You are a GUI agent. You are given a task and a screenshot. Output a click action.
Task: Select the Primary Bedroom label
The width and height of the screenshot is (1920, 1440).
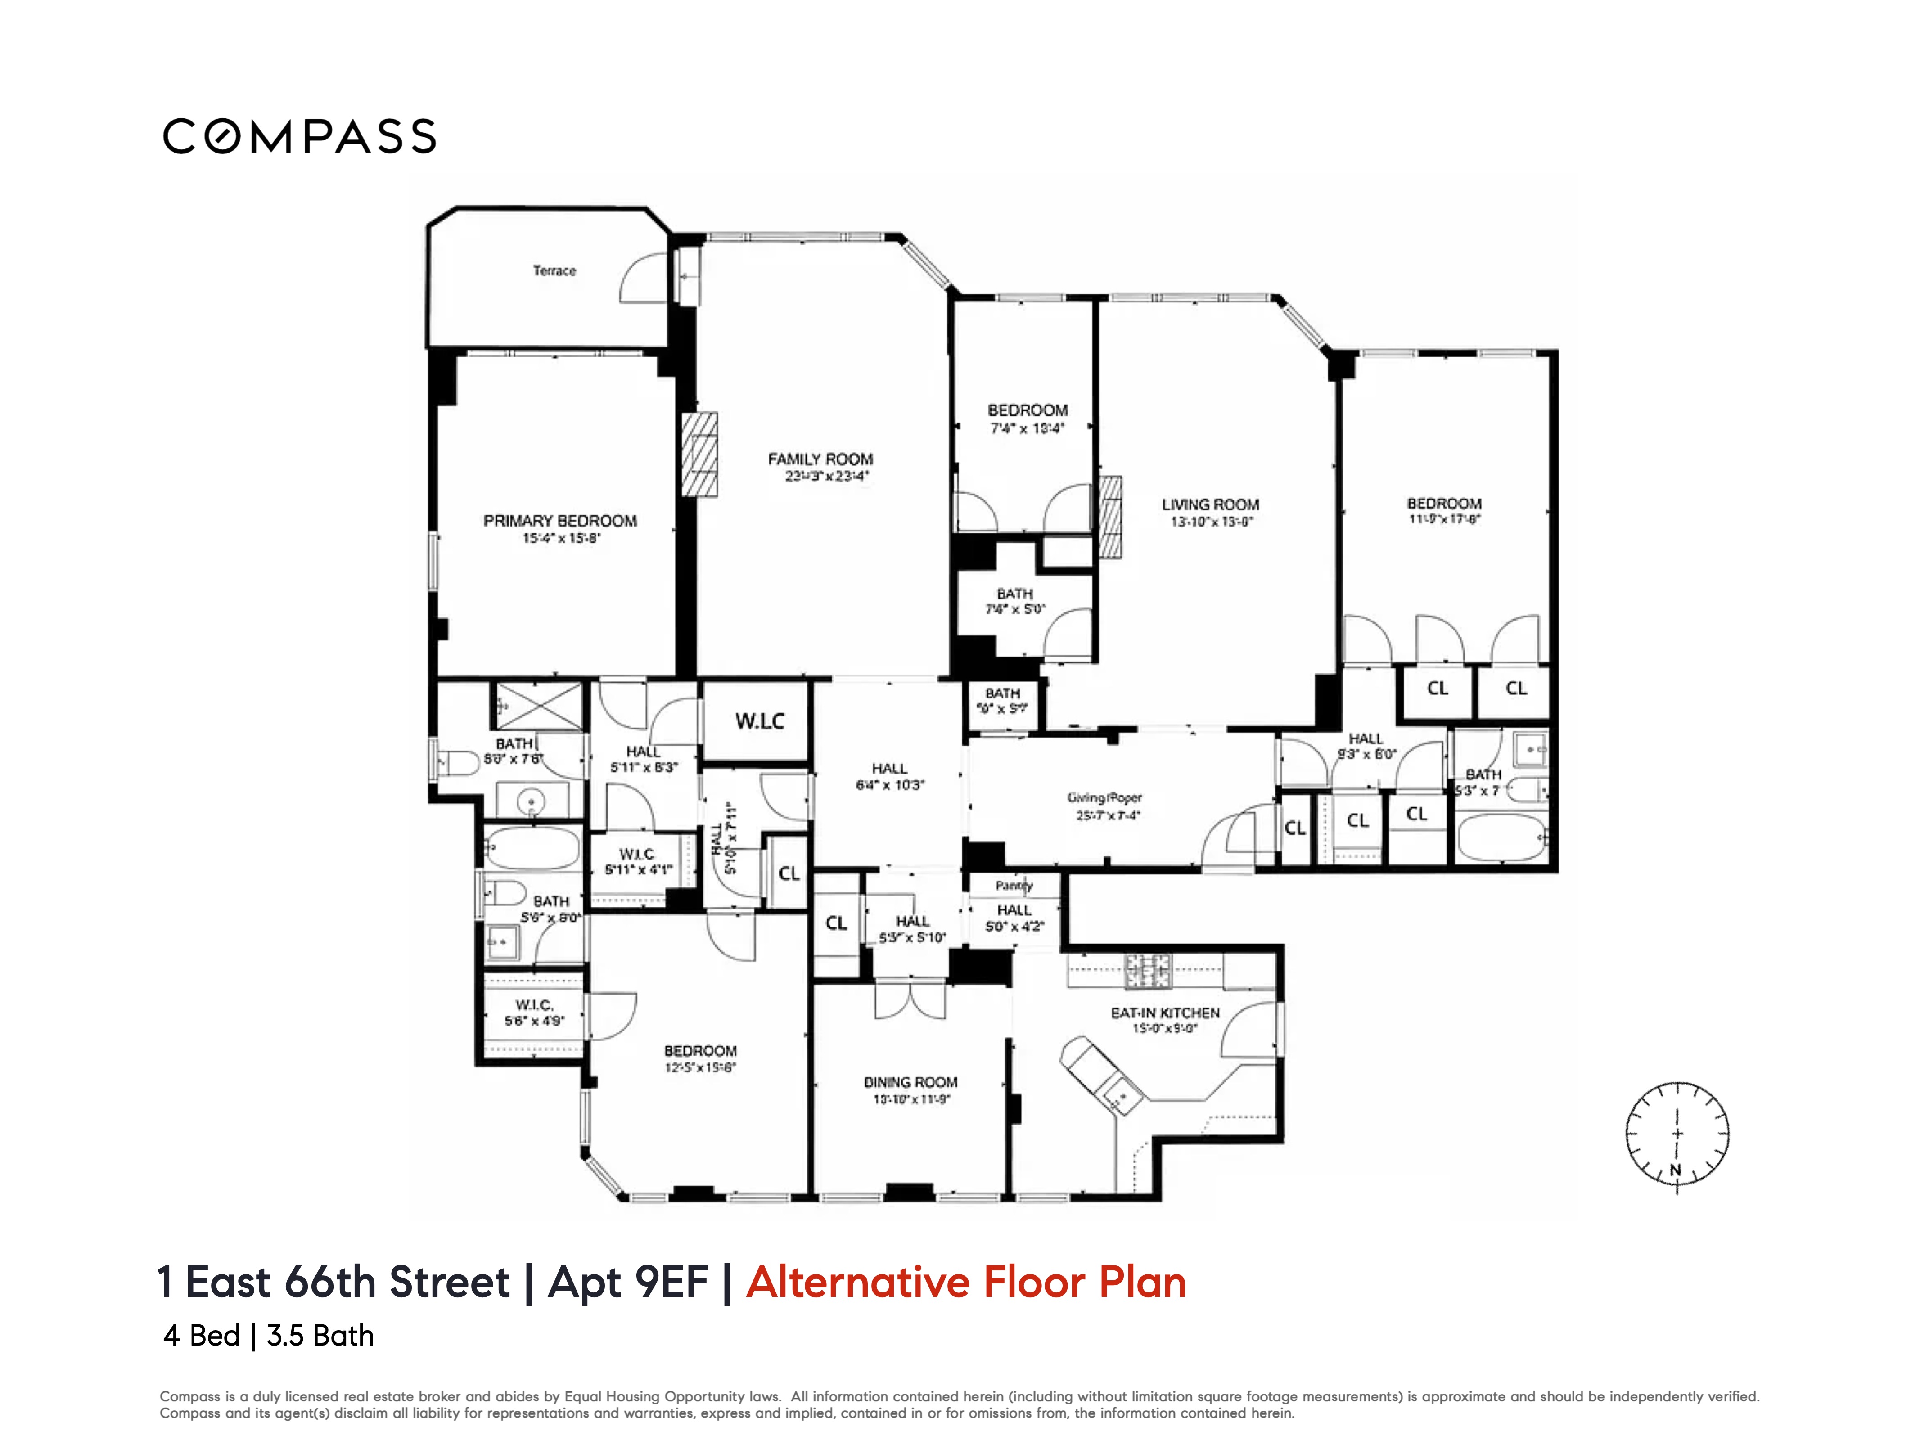560,521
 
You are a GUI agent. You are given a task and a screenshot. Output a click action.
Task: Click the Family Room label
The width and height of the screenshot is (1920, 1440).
820,459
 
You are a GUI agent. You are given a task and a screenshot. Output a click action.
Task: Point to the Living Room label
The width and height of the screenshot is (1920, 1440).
1210,504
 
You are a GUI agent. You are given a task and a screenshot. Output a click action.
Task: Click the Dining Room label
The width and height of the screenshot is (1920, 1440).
910,1082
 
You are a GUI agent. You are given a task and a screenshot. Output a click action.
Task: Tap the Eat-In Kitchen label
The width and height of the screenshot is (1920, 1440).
1165,1013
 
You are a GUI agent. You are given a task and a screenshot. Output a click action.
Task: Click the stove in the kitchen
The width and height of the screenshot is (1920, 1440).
1148,971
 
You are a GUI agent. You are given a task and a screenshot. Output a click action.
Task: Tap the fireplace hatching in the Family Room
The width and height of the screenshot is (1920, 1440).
699,454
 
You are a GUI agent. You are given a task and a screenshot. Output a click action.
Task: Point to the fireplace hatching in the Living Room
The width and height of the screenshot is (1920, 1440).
1110,517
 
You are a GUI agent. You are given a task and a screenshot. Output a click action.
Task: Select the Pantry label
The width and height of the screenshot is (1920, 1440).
1014,885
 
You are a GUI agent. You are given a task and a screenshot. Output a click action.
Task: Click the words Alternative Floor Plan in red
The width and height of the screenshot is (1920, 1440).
965,1283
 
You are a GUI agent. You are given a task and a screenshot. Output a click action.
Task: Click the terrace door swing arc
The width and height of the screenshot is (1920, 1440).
642,278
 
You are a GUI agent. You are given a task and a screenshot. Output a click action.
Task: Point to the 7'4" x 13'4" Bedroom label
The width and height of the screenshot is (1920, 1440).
1028,410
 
